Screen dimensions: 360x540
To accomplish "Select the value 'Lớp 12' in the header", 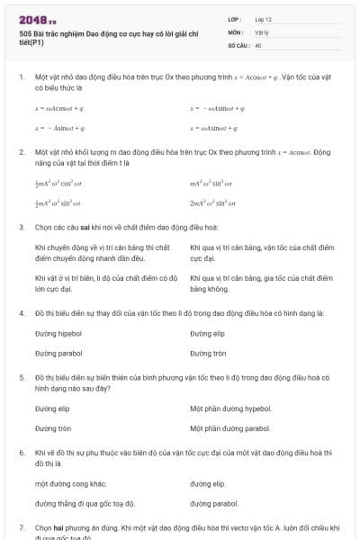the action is click(265, 19).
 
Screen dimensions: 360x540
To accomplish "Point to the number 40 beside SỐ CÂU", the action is click(258, 44).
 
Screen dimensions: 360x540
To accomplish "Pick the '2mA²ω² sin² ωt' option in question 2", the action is click(212, 203).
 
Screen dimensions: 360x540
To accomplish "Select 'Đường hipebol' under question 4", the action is click(58, 333).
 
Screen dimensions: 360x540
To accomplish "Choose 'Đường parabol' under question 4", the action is click(58, 353).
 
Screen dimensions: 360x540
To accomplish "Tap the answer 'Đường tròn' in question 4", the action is click(209, 353).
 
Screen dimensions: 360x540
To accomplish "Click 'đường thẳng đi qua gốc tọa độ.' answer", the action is click(85, 503).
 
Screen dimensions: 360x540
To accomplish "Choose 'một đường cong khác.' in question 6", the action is click(71, 483).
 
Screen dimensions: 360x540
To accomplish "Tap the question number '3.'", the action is click(22, 228).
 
